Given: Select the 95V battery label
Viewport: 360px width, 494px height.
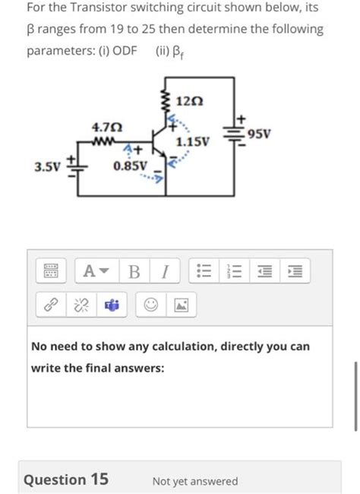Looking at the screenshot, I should [259, 135].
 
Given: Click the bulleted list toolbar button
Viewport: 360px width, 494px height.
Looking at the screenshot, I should [203, 271].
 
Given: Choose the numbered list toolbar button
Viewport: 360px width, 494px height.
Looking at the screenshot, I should [233, 271].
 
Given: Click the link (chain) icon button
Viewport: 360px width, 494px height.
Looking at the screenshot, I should [51, 306].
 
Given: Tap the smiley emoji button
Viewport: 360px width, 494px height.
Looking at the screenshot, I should [150, 306].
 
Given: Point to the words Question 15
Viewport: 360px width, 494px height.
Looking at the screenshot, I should [66, 480].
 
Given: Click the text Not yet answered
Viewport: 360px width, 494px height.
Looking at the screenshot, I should [194, 481].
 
